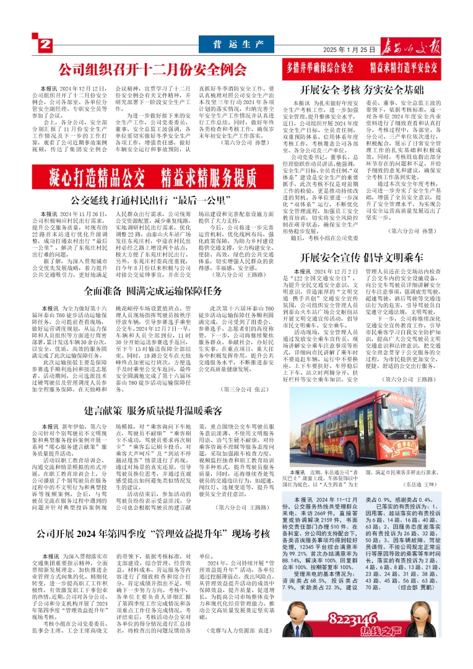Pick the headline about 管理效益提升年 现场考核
(149, 534)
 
